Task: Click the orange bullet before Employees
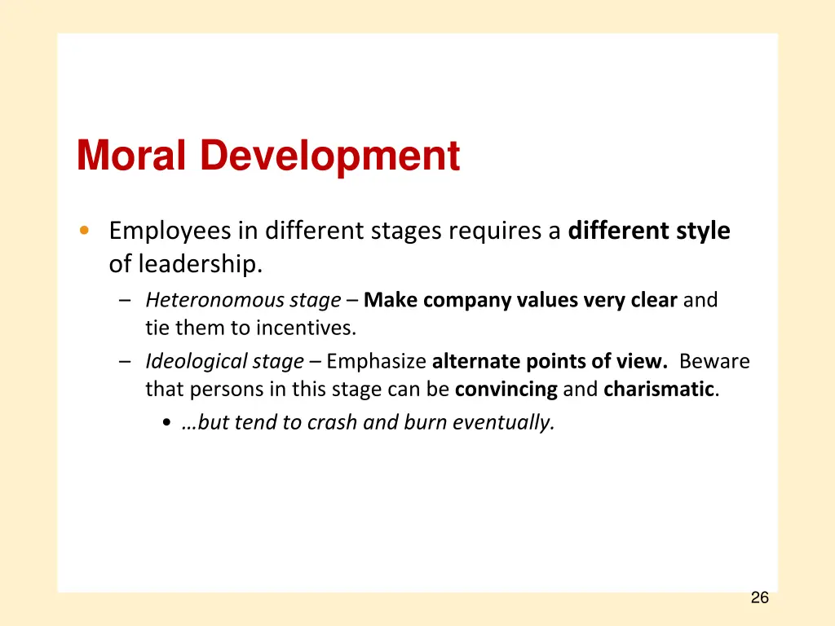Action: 85,231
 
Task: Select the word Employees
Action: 170,231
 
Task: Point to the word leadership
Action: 201,264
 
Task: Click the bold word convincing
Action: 506,389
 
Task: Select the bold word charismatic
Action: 659,389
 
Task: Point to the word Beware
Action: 714,361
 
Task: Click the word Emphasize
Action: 376,361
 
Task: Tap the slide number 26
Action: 759,598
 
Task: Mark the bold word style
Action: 702,231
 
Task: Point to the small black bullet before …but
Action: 167,423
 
